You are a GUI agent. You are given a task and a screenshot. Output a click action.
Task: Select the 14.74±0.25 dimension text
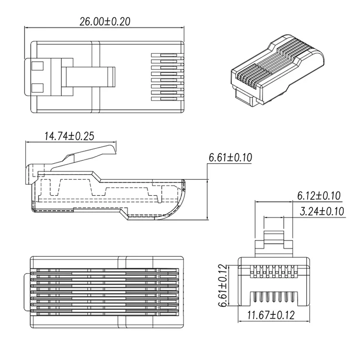[69, 136]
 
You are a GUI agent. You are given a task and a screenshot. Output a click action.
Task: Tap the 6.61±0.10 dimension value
[230, 157]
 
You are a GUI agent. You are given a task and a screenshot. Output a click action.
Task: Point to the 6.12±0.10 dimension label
[319, 195]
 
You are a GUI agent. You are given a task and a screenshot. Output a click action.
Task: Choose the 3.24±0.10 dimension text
[322, 211]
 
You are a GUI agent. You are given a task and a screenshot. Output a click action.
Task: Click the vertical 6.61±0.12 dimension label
[222, 286]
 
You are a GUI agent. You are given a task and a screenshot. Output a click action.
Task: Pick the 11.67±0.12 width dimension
[271, 316]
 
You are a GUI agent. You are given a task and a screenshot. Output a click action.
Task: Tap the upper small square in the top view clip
[37, 64]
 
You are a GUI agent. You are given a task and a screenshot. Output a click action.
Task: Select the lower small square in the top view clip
[37, 87]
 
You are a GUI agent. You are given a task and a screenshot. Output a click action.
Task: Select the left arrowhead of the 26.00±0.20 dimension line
[27, 27]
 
